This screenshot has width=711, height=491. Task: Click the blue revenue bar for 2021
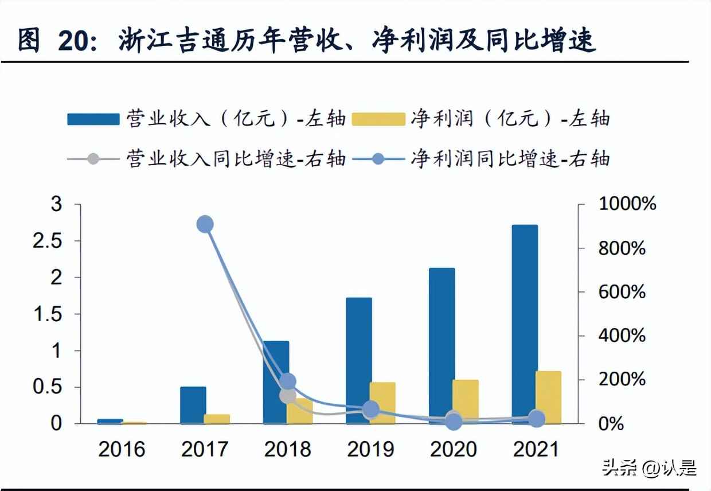coord(525,324)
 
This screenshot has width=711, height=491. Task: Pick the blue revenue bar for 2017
coord(193,405)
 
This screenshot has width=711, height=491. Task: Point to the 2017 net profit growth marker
coord(205,224)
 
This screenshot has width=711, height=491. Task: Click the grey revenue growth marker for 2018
coord(288,395)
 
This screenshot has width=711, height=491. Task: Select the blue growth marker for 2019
coord(371,409)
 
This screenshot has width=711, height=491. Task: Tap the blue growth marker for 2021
coord(537,419)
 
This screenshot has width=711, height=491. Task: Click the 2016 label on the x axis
coord(122,449)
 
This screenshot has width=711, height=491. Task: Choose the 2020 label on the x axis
coord(454,449)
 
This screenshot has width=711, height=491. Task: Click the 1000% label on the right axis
coord(627,204)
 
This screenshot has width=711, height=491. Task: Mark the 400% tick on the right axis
coord(622,336)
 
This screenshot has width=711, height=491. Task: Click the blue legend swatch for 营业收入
coord(93,119)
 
